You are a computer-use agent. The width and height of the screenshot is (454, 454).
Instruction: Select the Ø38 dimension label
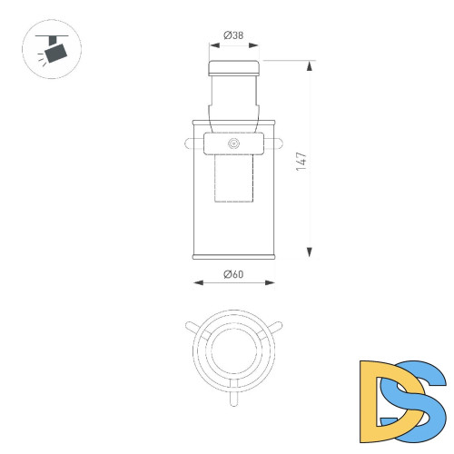234,36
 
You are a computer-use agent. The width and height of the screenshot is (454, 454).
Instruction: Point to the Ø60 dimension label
234,274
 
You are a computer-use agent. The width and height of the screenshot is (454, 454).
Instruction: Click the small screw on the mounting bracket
234,143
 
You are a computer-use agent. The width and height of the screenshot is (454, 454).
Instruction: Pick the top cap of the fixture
234,67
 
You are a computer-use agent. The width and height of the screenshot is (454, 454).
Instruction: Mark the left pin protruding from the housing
189,142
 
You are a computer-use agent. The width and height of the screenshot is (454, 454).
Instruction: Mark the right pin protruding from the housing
280,142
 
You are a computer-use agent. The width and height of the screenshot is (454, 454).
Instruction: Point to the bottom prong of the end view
234,397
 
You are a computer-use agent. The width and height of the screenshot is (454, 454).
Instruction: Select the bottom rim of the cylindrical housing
234,257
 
